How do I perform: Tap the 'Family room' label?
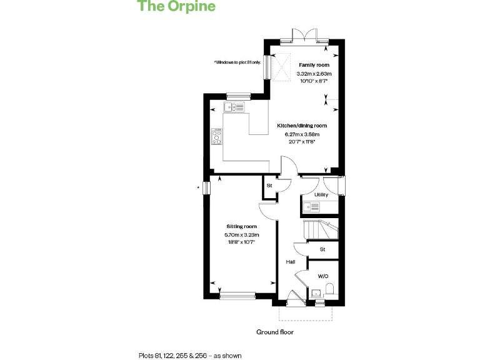(313, 65)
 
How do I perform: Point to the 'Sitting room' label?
(241, 226)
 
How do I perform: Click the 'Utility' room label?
(321, 195)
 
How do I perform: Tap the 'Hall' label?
(291, 262)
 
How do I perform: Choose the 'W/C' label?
(322, 276)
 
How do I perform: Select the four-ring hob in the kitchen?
(217, 136)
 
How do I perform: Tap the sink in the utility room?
(311, 206)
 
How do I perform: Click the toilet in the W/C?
(329, 289)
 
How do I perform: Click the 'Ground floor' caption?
(274, 332)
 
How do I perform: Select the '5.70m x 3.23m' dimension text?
(241, 234)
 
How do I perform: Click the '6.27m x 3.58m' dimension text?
(302, 134)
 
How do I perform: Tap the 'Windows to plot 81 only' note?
(236, 62)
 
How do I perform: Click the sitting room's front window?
(237, 294)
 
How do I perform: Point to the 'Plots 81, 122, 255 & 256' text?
(189, 355)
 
